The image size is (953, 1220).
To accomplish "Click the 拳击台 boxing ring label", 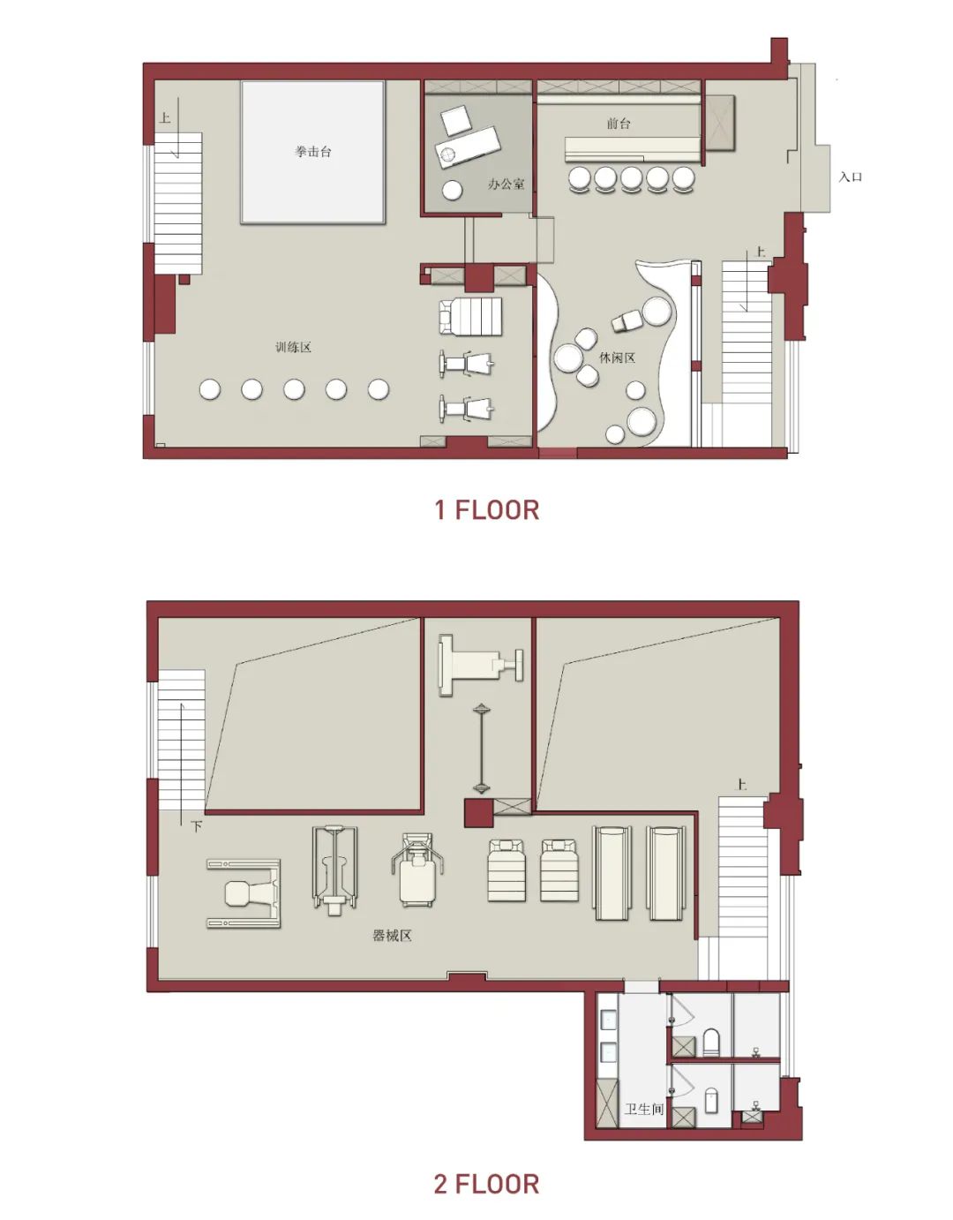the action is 313,152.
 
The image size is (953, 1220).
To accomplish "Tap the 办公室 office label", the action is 506,185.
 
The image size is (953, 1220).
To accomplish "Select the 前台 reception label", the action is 619,123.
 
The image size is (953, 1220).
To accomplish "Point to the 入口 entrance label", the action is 851,177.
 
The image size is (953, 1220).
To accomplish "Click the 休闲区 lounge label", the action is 617,357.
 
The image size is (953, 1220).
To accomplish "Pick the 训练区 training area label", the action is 293,347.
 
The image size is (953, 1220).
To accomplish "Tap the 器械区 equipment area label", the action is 392,936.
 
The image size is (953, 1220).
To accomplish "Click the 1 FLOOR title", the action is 487,509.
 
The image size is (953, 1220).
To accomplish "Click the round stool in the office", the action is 452,191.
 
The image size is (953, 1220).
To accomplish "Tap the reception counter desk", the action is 633,150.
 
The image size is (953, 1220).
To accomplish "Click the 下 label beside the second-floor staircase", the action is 196,826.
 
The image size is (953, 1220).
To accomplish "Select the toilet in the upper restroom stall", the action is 711,1040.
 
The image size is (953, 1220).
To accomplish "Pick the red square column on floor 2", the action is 478,812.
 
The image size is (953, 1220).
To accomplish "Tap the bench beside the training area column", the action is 470,317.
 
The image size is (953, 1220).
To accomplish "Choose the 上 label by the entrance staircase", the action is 761,252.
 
